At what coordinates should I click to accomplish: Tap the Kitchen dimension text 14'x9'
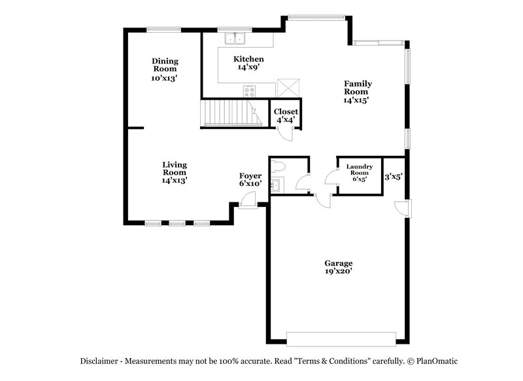(248, 67)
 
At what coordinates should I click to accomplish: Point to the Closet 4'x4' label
(286, 116)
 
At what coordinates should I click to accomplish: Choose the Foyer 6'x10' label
(250, 180)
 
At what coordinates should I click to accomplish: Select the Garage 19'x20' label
(339, 266)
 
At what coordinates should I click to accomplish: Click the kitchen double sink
(235, 39)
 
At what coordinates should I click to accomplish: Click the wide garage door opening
(341, 338)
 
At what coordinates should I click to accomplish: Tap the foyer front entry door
(248, 204)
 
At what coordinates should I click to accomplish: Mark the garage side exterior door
(403, 208)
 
